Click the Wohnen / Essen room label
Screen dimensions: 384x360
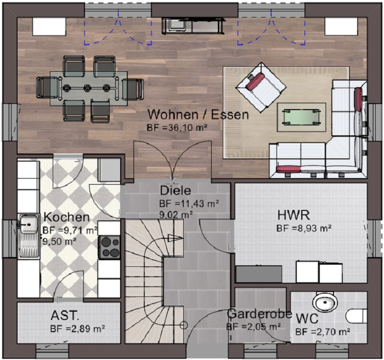(199, 115)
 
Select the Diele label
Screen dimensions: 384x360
(176, 191)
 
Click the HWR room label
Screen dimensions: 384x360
(293, 215)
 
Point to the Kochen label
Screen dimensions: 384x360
(66, 217)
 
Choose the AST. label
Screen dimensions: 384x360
(65, 316)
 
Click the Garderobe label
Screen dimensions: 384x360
(259, 314)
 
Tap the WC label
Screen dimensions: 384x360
(307, 319)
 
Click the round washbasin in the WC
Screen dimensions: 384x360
(325, 303)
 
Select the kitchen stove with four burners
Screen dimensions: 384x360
(109, 247)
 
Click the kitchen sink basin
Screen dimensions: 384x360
(29, 224)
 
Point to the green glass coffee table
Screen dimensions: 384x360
(301, 117)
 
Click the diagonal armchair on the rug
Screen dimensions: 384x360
(261, 87)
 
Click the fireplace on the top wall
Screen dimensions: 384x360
(193, 25)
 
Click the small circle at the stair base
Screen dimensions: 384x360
(184, 325)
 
